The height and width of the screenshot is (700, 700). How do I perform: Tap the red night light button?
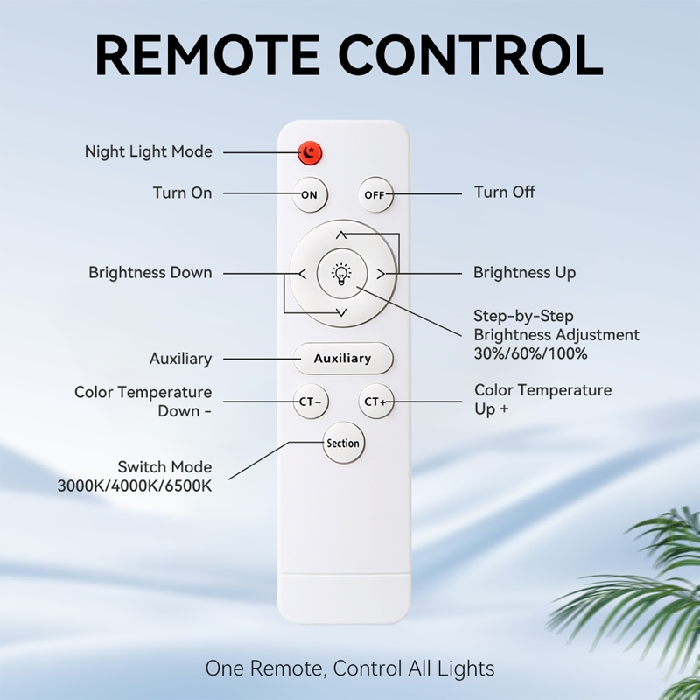pyautogui.click(x=310, y=153)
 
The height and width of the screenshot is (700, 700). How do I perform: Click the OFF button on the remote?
pyautogui.click(x=375, y=194)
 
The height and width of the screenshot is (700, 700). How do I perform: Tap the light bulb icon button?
pyautogui.click(x=341, y=274)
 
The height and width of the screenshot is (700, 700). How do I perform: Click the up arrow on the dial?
pyautogui.click(x=341, y=234)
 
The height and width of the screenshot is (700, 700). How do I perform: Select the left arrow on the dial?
pyautogui.click(x=302, y=274)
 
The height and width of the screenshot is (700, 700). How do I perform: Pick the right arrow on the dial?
pyautogui.click(x=381, y=274)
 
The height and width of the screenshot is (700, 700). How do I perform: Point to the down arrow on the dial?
pyautogui.click(x=341, y=312)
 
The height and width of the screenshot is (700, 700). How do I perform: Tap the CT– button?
pyautogui.click(x=311, y=402)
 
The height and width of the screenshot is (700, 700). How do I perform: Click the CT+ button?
pyautogui.click(x=376, y=402)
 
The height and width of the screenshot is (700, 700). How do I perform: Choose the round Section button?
pyautogui.click(x=343, y=443)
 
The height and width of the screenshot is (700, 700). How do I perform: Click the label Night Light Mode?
pyautogui.click(x=149, y=151)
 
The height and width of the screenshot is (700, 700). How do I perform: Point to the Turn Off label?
pyautogui.click(x=505, y=192)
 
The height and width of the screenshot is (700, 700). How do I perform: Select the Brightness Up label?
pyautogui.click(x=524, y=273)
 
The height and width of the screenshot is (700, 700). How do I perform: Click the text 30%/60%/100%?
pyautogui.click(x=530, y=354)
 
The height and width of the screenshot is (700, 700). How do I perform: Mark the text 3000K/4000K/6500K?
pyautogui.click(x=135, y=486)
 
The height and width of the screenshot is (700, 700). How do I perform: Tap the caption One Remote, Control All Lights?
pyautogui.click(x=350, y=668)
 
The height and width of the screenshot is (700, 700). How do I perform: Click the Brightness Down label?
pyautogui.click(x=150, y=273)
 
